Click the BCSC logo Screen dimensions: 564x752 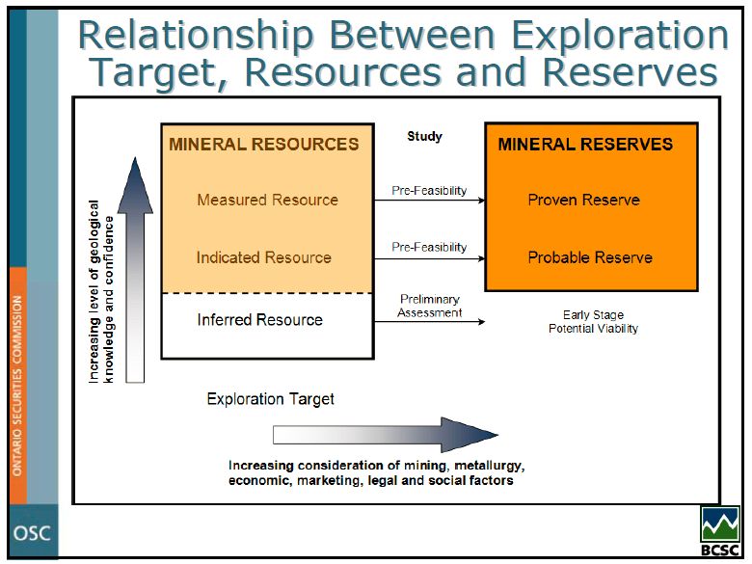pos(720,530)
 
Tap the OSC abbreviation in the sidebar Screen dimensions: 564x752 pos(31,533)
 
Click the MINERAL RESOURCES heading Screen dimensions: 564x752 pos(263,145)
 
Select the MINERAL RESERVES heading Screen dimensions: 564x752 pos(585,145)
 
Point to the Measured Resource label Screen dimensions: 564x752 pos(267,200)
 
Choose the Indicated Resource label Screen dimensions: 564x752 pos(263,257)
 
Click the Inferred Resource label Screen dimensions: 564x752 pos(259,319)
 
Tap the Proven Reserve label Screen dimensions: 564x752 pos(583,200)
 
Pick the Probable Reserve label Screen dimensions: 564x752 pos(589,257)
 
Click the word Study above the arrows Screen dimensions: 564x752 pos(424,136)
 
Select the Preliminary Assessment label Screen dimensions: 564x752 pos(430,306)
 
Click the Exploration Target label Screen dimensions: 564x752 pos(271,398)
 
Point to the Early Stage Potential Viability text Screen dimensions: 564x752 pos(593,322)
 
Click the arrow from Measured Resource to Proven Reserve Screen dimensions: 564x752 pos(429,201)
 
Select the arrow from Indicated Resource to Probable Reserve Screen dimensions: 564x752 pos(429,258)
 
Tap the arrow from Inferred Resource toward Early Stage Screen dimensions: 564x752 pos(429,321)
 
